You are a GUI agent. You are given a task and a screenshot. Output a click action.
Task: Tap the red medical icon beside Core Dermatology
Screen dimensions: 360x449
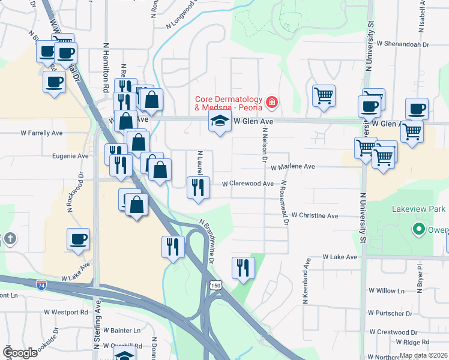click(272, 103)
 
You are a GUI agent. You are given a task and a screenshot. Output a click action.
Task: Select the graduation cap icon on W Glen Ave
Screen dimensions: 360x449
click(220, 121)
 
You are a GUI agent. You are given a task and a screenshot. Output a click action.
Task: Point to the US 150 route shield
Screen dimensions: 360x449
click(214, 286)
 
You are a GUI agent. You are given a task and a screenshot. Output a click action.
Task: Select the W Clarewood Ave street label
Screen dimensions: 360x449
click(248, 184)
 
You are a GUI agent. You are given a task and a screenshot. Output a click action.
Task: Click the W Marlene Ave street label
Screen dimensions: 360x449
click(292, 167)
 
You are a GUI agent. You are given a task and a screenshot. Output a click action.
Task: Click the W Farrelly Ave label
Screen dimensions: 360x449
click(41, 133)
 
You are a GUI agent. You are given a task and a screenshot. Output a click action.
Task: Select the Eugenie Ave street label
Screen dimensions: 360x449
click(71, 155)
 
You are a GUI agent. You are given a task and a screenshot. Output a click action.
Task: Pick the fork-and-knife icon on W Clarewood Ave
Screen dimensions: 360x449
click(197, 187)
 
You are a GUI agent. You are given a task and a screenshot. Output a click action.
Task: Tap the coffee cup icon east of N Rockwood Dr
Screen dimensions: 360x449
click(78, 239)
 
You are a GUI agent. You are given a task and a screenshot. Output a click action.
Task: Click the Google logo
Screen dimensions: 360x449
click(20, 353)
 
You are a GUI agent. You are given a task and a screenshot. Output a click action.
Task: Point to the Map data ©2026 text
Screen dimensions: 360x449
click(423, 355)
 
